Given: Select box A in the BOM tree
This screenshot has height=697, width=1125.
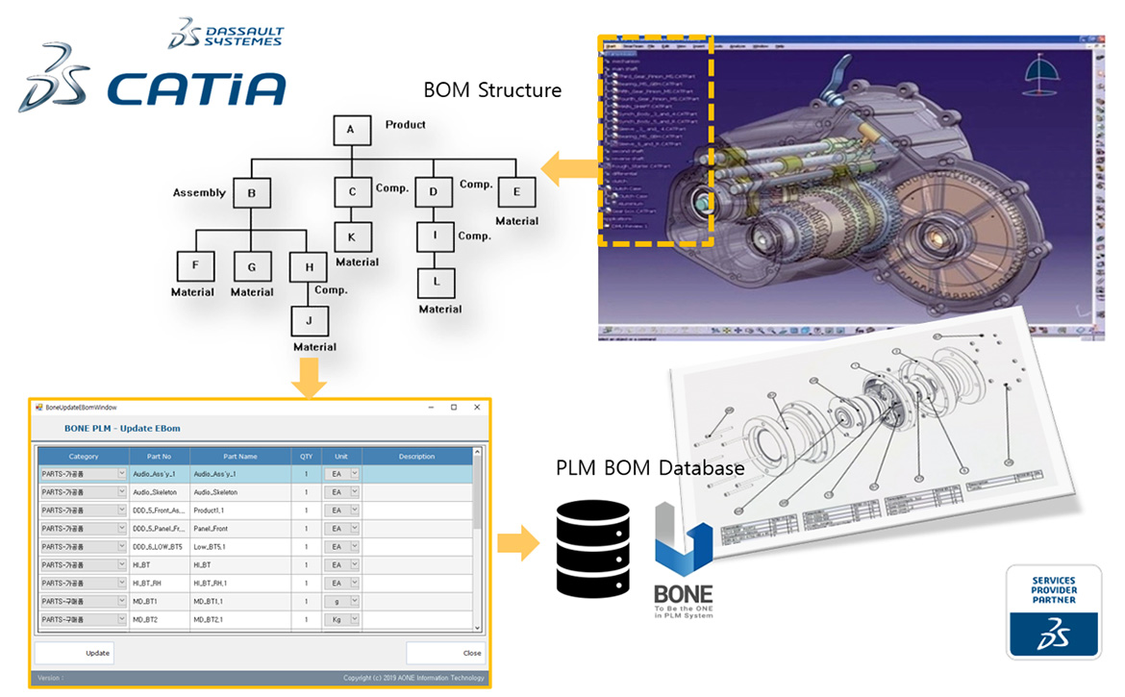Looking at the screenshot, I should pos(351,131).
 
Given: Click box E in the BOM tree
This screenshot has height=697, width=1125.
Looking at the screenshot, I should pos(516,192).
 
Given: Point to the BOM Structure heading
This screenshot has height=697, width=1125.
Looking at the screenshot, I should pos(492,91).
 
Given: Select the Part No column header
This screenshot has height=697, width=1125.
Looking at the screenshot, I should pos(160,457).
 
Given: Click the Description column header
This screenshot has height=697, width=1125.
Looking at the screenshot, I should pos(416,457).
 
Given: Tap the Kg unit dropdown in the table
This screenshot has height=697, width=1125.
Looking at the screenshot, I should pos(340,620).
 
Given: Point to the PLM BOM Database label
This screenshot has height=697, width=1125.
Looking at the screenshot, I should pos(650,469).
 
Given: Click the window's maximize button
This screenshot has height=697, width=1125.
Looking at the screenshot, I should pos(454,408).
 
